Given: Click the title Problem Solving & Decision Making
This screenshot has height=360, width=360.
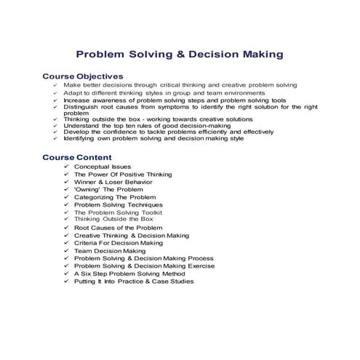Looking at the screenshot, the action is click(x=180, y=55).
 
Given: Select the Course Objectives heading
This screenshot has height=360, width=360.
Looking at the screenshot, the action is click(x=83, y=76).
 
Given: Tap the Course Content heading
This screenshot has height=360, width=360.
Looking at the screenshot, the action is click(x=77, y=157).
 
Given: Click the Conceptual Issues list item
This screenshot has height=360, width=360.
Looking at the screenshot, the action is click(x=103, y=167).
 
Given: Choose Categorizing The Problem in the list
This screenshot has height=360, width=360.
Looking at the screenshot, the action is click(x=115, y=197).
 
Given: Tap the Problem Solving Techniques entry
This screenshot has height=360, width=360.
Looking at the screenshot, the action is click(x=119, y=205).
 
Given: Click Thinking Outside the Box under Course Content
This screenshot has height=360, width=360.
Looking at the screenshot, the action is click(x=113, y=219).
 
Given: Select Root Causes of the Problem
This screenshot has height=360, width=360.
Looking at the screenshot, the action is click(x=119, y=228).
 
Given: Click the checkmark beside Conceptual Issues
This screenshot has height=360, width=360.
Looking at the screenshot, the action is click(x=65, y=167).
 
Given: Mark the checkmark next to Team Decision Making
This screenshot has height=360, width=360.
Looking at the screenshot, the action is click(x=65, y=251).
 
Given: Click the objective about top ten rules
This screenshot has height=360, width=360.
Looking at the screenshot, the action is click(x=147, y=125).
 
